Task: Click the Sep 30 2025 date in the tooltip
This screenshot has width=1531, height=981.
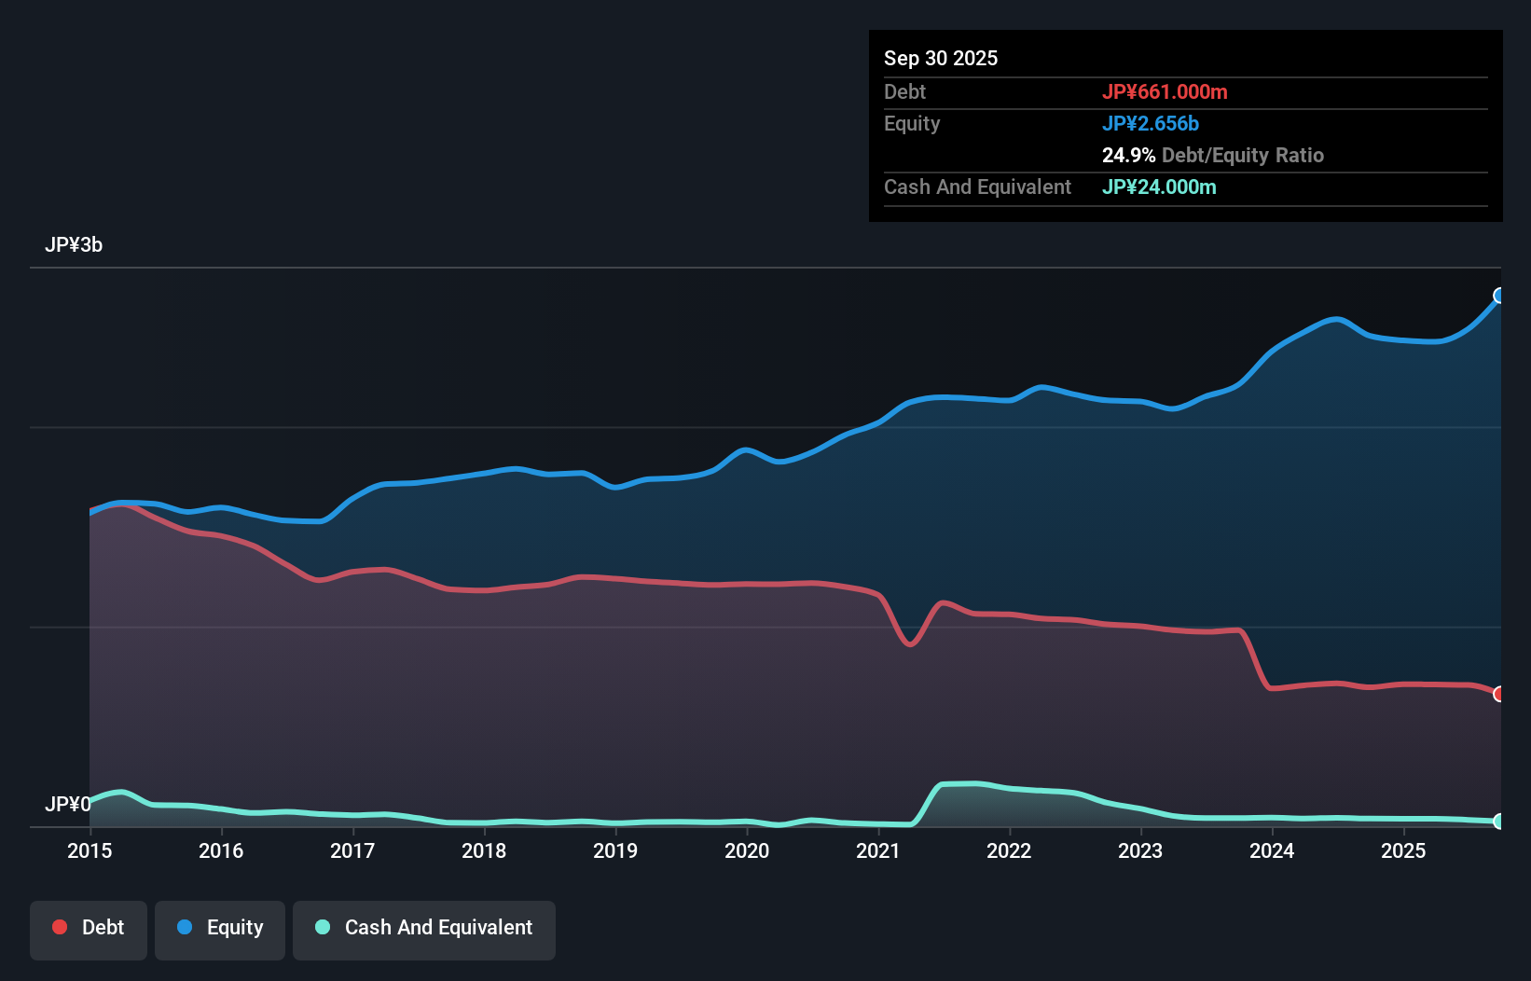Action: [940, 58]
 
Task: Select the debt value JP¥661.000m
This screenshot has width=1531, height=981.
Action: [1164, 91]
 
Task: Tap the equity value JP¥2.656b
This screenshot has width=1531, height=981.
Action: [1150, 123]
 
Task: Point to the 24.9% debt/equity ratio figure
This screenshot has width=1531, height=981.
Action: [1128, 155]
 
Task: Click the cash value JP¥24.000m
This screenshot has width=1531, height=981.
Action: [1158, 187]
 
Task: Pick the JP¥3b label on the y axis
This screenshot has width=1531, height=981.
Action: [74, 244]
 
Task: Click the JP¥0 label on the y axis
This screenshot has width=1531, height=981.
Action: [67, 804]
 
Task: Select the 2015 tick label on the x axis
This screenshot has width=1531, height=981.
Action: [90, 850]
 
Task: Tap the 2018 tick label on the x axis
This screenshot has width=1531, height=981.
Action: [484, 850]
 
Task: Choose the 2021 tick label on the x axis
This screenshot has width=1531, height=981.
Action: [878, 850]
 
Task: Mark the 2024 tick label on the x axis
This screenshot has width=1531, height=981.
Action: [1272, 850]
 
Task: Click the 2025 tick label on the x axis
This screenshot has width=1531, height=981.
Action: [1403, 850]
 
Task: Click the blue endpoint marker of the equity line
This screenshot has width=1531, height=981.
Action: [1499, 296]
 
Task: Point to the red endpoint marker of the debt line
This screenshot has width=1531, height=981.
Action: [1499, 694]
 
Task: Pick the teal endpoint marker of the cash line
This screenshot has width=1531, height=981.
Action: [1499, 822]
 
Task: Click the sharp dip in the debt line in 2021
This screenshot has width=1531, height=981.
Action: [911, 643]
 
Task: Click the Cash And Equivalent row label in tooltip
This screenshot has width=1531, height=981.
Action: [977, 187]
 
